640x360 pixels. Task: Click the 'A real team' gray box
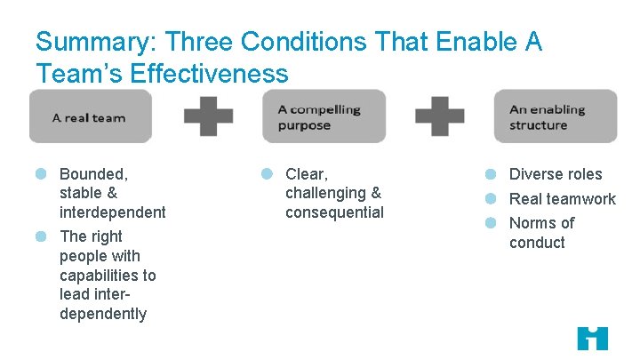tap(90, 116)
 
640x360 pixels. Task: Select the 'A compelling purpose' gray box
tap(324, 116)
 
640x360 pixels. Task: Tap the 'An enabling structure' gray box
tap(555, 116)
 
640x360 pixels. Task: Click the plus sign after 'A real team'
tap(208, 116)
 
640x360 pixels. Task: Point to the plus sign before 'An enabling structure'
tap(440, 116)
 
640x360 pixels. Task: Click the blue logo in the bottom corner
tap(592, 338)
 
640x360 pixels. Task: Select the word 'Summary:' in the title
tap(95, 42)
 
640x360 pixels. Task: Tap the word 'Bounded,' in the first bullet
tap(93, 174)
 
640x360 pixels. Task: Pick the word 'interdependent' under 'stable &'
tap(112, 212)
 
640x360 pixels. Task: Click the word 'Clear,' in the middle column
tap(307, 174)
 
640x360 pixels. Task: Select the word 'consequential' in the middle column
tap(334, 212)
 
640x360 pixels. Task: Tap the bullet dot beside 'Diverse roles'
tap(490, 174)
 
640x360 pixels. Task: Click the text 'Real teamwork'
tap(562, 199)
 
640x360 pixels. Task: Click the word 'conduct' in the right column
tap(537, 243)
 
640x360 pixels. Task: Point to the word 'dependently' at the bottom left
tap(103, 314)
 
